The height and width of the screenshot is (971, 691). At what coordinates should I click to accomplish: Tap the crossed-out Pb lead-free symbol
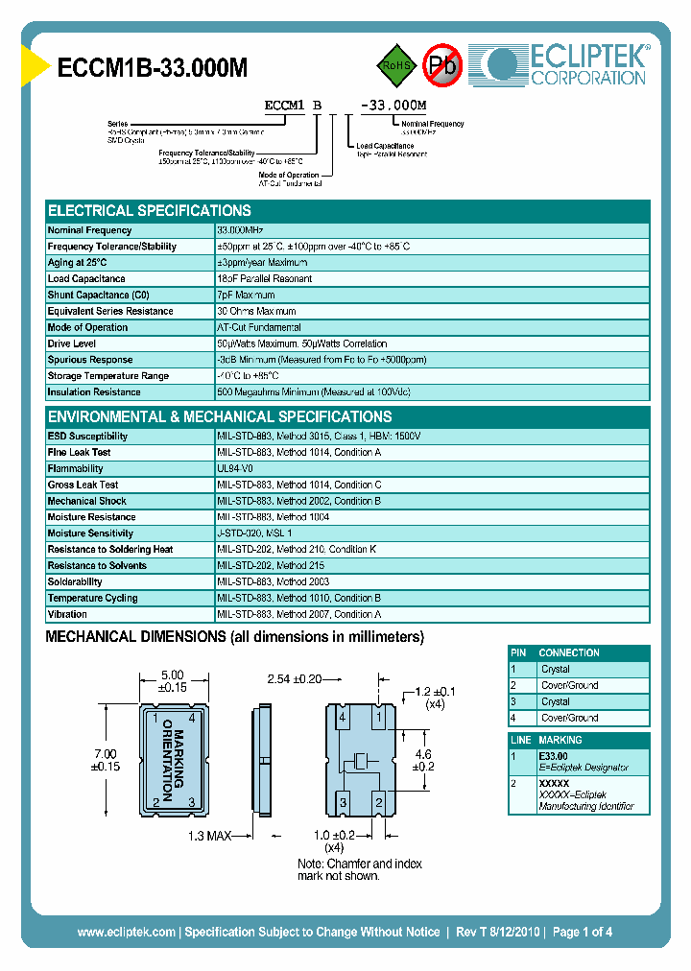(x=443, y=65)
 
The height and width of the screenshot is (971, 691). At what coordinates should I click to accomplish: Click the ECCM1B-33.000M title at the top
(x=153, y=67)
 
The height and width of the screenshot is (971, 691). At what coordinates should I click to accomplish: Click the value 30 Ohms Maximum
(x=256, y=311)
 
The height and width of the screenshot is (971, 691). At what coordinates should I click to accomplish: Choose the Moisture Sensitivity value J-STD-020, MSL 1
(x=254, y=533)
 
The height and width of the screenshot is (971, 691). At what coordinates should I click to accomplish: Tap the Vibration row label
(x=67, y=614)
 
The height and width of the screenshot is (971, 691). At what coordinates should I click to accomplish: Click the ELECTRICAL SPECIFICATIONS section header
(x=150, y=210)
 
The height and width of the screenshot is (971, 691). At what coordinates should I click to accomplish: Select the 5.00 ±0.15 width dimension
(x=172, y=680)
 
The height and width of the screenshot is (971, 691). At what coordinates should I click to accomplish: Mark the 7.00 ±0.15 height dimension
(x=105, y=760)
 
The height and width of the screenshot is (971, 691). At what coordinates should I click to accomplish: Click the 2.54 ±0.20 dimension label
(x=294, y=679)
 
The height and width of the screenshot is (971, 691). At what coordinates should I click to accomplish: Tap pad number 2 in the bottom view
(x=379, y=801)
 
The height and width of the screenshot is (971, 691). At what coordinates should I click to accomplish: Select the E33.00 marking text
(x=554, y=756)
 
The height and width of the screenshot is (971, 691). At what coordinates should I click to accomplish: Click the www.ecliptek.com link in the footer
(x=126, y=932)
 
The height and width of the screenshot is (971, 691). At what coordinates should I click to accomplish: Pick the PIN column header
(x=519, y=652)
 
